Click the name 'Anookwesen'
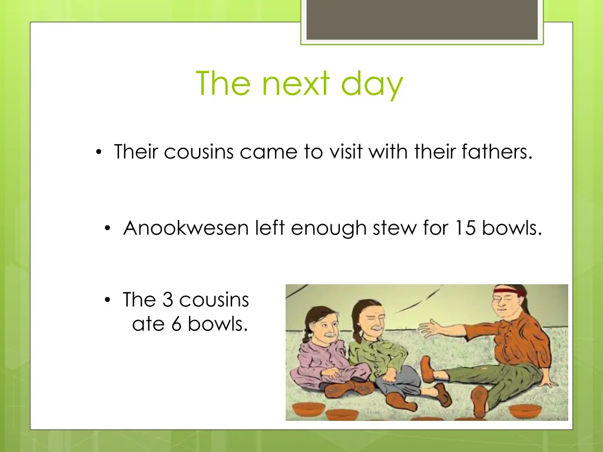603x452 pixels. pyautogui.click(x=186, y=228)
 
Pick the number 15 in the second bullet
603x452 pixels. pyautogui.click(x=465, y=228)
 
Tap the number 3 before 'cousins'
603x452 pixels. pyautogui.click(x=167, y=300)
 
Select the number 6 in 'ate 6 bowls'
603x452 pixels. pyautogui.click(x=176, y=324)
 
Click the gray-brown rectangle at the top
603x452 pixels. pyautogui.click(x=422, y=19)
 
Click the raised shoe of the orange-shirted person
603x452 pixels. pyautogui.click(x=428, y=370)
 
